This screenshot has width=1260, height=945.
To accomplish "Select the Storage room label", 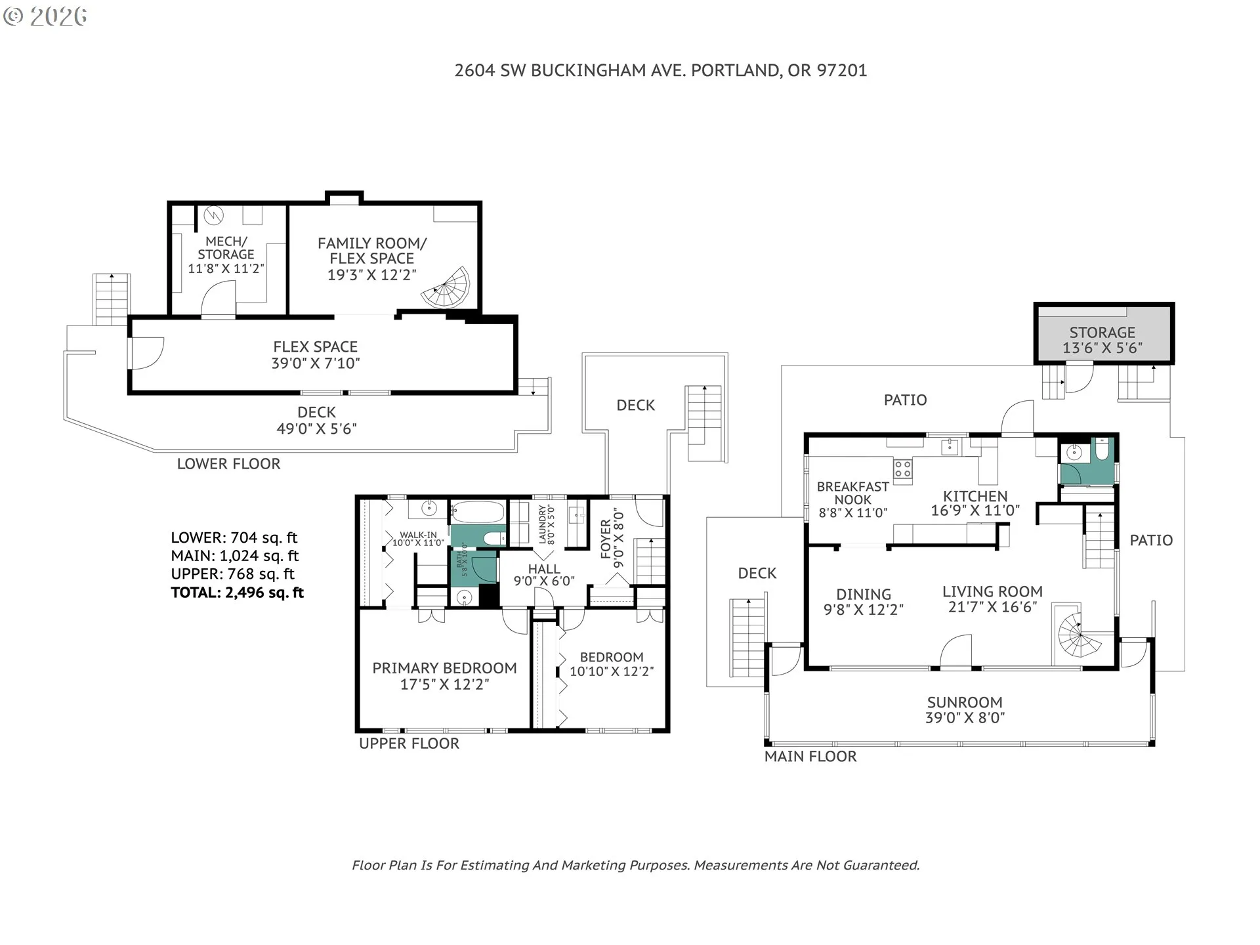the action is [x=1102, y=332].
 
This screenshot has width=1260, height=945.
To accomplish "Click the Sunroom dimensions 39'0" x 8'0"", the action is [x=965, y=718].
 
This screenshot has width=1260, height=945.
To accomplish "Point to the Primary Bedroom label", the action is [x=444, y=668].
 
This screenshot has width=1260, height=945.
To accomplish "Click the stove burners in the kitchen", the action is [x=902, y=468].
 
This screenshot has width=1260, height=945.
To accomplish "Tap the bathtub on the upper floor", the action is [x=478, y=512].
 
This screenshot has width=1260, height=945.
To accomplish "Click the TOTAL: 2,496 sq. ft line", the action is [x=237, y=593].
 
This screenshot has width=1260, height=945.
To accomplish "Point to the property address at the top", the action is [x=661, y=70].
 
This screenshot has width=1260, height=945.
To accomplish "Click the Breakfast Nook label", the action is [x=852, y=493].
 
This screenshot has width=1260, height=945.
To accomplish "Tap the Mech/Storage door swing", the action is [x=217, y=299].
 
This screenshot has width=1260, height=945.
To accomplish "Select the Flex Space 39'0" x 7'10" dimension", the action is [x=316, y=363].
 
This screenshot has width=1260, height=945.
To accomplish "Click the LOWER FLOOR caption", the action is [x=228, y=464].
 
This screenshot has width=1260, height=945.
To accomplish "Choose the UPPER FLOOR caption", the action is [x=409, y=744].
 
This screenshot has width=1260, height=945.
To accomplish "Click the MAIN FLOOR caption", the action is [x=810, y=757].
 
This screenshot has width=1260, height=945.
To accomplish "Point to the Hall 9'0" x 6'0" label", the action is [x=544, y=575].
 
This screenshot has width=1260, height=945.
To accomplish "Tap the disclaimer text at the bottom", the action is [x=635, y=866].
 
